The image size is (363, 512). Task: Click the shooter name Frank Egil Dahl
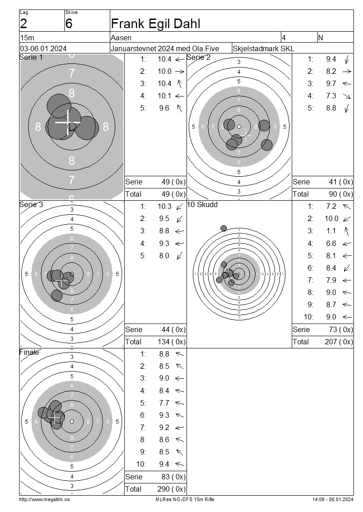point(156,24)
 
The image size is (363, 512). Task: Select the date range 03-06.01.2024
point(43,48)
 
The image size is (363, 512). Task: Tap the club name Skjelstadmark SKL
point(263,48)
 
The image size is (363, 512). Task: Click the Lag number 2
point(24,24)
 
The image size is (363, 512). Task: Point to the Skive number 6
point(69,24)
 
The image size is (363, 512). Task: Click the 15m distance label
point(27,38)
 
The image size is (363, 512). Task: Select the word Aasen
point(121,38)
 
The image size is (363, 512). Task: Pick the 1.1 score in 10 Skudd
point(331,231)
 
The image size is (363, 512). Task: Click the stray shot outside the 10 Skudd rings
point(224,228)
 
